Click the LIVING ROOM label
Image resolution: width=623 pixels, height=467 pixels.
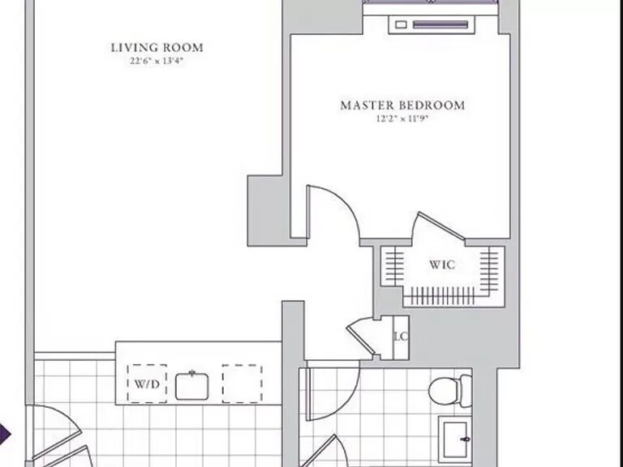click(x=157, y=48)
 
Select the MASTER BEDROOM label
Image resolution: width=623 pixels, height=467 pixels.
click(x=402, y=105)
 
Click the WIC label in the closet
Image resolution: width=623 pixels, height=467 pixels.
click(x=442, y=264)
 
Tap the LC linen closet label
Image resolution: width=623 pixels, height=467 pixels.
click(x=400, y=336)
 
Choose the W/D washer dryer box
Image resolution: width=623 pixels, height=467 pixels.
click(x=147, y=383)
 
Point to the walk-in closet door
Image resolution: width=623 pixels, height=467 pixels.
click(x=438, y=227)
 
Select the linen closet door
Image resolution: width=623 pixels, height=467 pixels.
click(x=361, y=335)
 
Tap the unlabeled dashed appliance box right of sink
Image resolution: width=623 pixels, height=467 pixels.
click(x=242, y=383)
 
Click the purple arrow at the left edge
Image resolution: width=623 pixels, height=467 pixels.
click(x=5, y=434)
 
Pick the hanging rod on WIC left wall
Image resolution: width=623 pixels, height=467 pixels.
click(x=393, y=264)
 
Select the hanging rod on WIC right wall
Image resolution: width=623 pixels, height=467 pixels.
click(x=490, y=264)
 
